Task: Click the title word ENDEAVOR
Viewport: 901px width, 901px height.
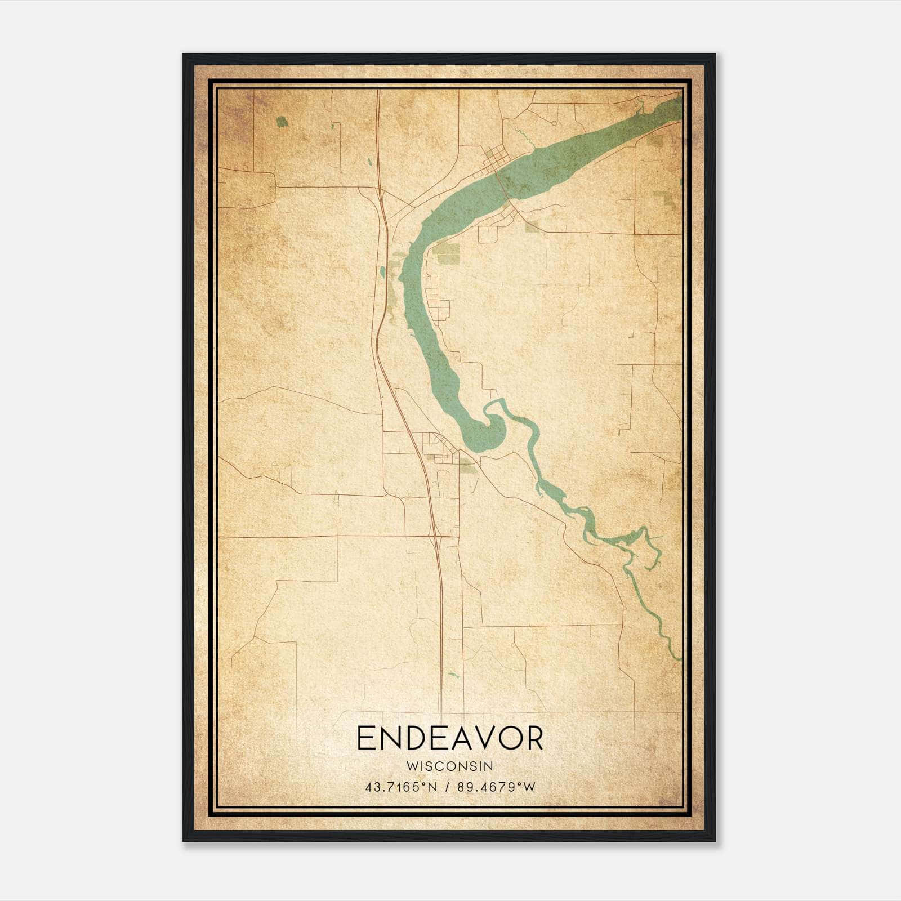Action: click(x=450, y=738)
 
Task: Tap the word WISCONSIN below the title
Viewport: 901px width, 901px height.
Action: click(x=450, y=766)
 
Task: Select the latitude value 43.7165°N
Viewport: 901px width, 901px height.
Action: click(x=401, y=787)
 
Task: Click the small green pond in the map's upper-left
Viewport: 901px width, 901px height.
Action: click(x=282, y=121)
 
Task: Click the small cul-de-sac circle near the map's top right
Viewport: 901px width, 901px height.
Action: click(x=554, y=122)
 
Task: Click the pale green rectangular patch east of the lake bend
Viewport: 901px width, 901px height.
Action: click(x=447, y=255)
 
